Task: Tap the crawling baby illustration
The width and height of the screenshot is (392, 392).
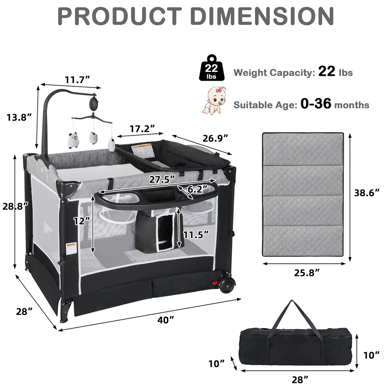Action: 214,101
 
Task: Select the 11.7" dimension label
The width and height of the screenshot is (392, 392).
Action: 77,80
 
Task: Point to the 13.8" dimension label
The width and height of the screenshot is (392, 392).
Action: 19,117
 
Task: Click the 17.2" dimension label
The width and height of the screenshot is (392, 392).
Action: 142,129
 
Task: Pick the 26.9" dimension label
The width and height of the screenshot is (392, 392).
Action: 215,138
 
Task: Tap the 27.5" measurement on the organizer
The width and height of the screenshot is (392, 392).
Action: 162,180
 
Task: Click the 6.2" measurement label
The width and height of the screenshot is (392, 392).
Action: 198,189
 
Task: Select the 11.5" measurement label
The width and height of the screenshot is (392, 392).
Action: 196,235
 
